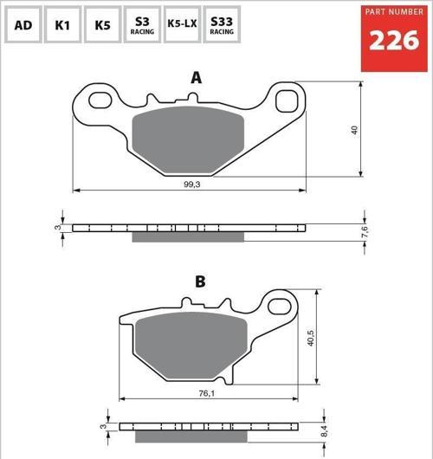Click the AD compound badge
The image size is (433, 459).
tap(23, 26)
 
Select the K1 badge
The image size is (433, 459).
tap(62, 26)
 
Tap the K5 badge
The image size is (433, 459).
tap(101, 26)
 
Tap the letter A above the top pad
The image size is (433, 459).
tap(197, 78)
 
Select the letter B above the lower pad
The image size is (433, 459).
tap(200, 281)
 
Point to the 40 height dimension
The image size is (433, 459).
tap(353, 131)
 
